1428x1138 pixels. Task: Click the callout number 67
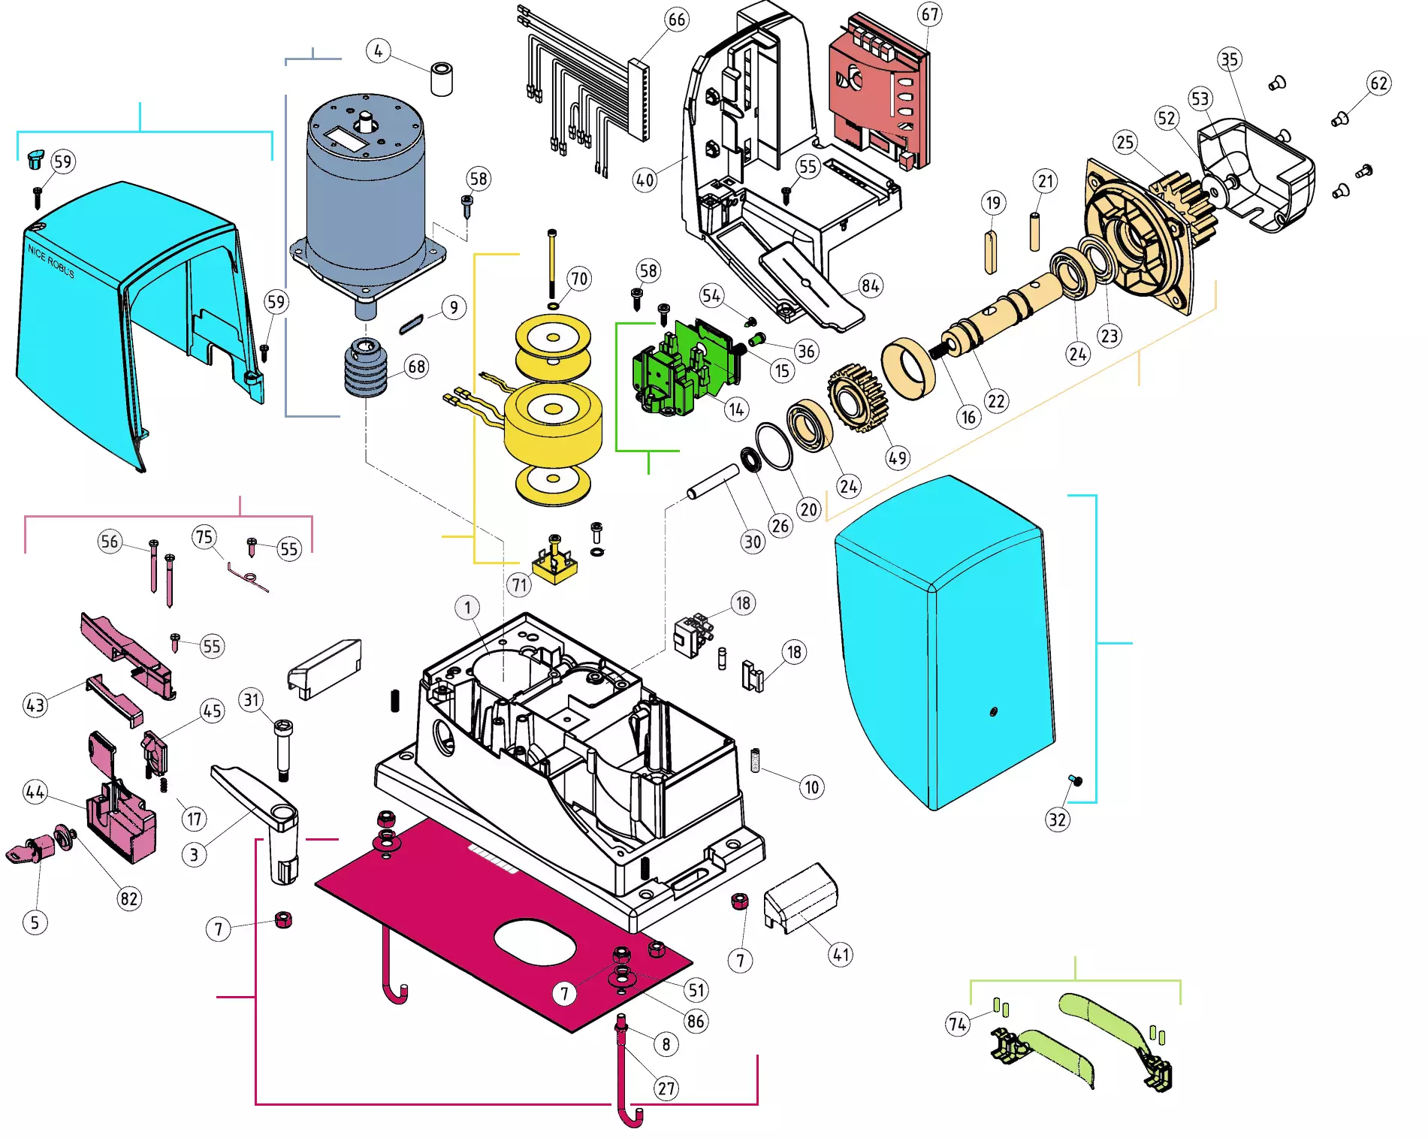tap(929, 14)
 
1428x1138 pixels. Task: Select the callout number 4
tap(378, 51)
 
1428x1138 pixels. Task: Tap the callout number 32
tap(1057, 820)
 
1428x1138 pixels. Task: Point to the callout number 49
tap(898, 457)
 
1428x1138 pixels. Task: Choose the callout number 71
tap(519, 584)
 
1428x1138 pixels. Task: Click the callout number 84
tap(871, 285)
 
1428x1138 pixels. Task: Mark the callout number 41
tap(841, 955)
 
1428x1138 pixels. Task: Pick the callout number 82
tap(129, 899)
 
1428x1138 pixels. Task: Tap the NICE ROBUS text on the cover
tap(51, 261)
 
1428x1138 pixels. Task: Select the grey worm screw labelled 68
tap(367, 368)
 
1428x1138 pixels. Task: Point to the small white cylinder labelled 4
tap(442, 79)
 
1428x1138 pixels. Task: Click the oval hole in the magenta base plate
tap(534, 941)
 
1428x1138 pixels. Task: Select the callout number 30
tap(752, 542)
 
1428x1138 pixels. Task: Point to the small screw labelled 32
tap(1075, 781)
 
